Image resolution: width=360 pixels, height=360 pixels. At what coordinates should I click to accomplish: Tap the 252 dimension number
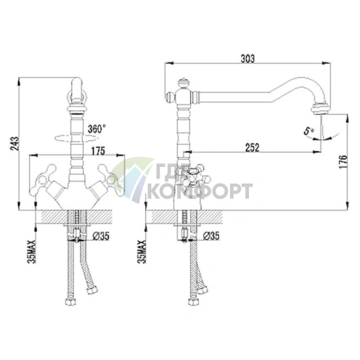click(251, 147)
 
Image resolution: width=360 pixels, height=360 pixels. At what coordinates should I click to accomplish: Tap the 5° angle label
click(308, 132)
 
